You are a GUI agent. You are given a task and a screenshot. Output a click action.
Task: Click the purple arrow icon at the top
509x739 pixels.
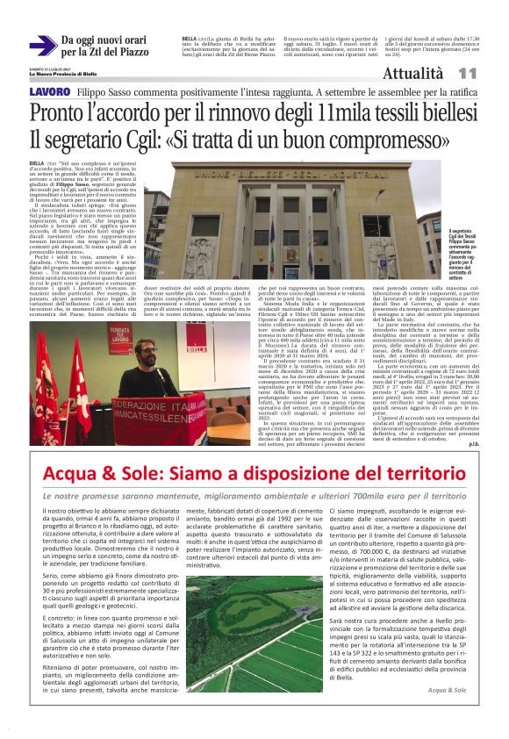point(43,46)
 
